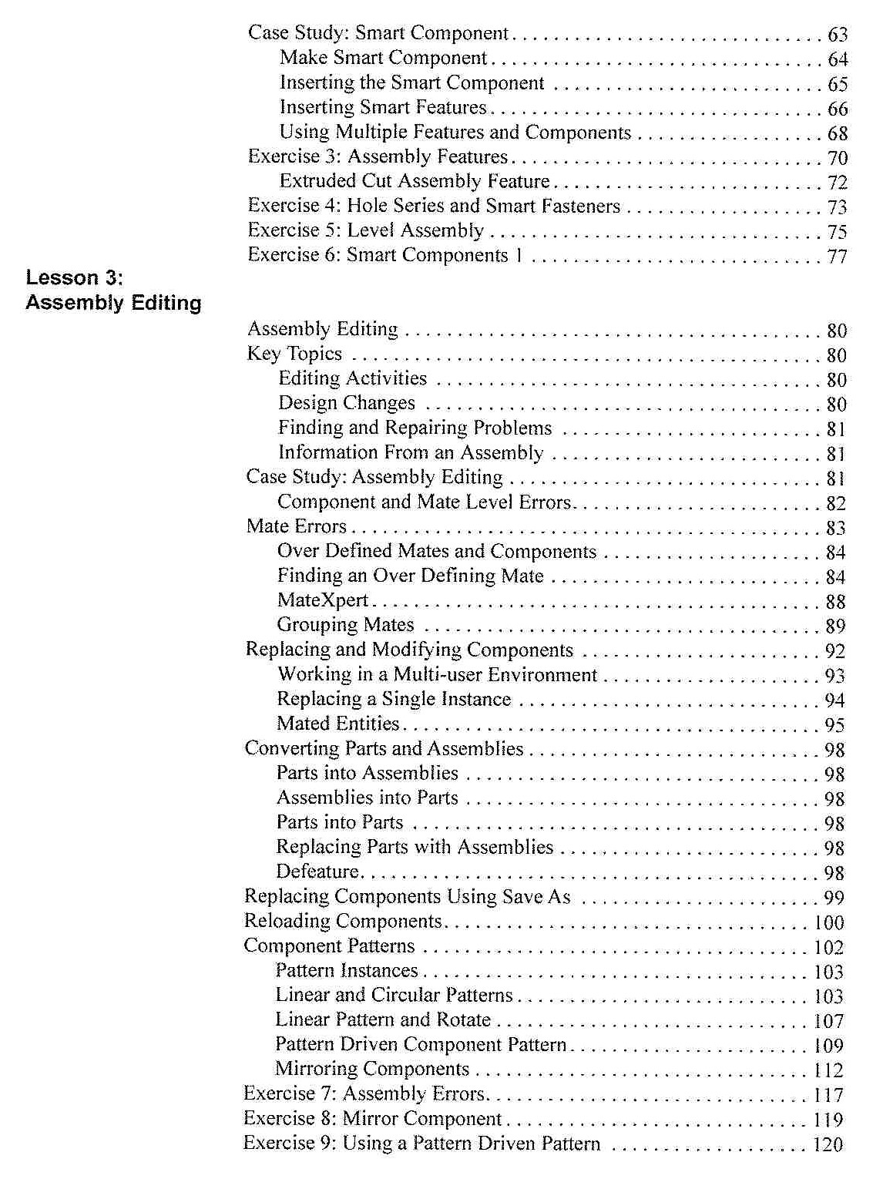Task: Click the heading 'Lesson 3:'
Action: click(74, 278)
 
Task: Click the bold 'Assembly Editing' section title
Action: click(113, 303)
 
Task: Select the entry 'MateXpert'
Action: click(322, 600)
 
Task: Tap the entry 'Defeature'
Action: click(317, 872)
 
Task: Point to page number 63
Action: click(837, 35)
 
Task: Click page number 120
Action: click(828, 1145)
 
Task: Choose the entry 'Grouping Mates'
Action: click(345, 625)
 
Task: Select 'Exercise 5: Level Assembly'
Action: click(365, 230)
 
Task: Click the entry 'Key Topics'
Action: click(294, 354)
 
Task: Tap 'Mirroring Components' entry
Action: click(372, 1069)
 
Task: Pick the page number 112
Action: click(828, 1070)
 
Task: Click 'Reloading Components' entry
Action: click(343, 921)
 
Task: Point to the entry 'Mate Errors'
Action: click(297, 526)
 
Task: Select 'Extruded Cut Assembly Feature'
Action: click(415, 181)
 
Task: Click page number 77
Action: click(837, 257)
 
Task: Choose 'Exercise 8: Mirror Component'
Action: click(372, 1118)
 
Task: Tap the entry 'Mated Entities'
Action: click(337, 724)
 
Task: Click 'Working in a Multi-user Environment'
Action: click(437, 674)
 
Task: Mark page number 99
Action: click(834, 898)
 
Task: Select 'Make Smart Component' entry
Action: click(383, 58)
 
